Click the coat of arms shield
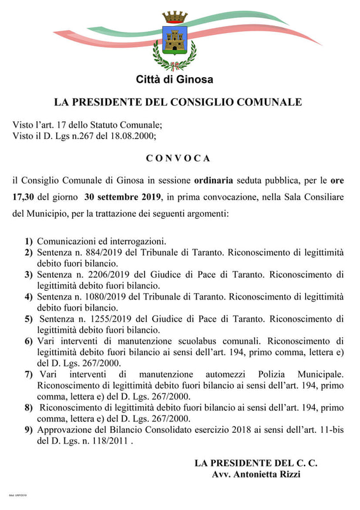[175, 40]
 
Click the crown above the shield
[175, 17]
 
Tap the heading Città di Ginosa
[175, 80]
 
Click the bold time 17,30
[25, 197]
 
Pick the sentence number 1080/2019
[104, 296]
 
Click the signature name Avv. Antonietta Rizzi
[256, 474]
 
